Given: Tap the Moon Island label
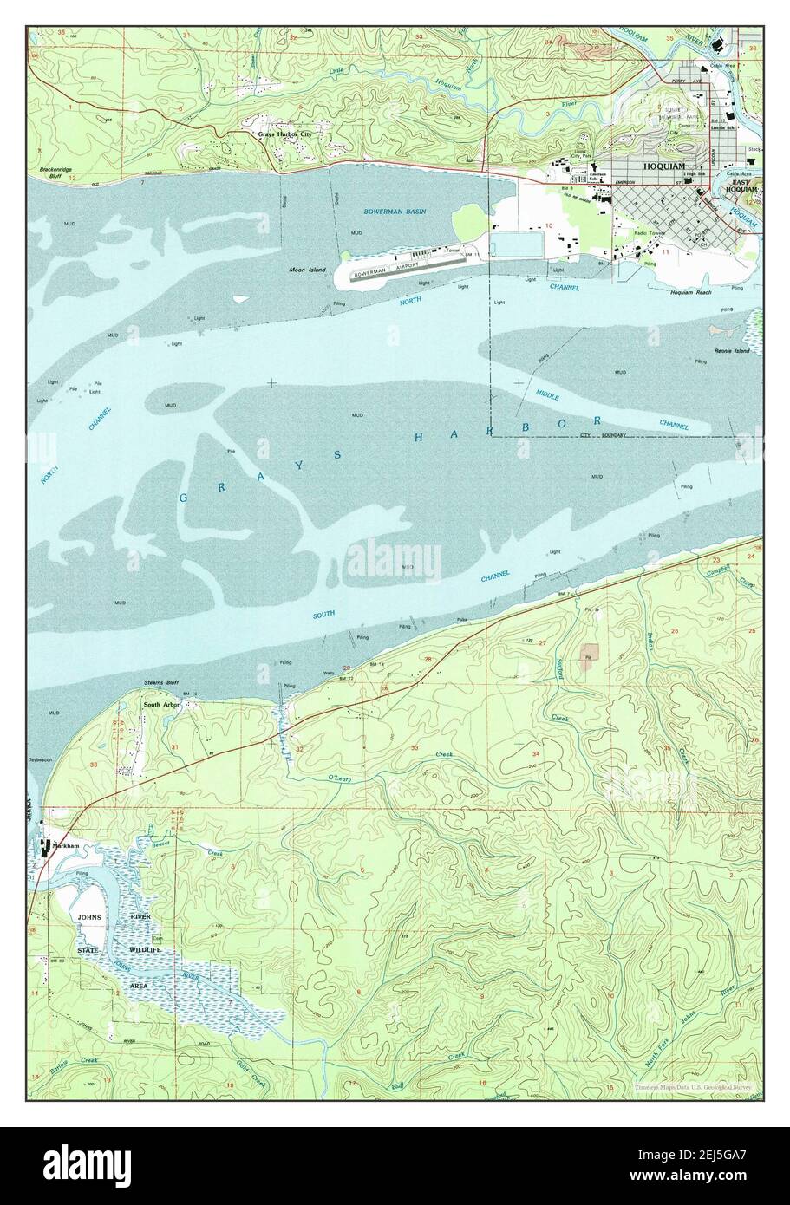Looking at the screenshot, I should (x=308, y=270).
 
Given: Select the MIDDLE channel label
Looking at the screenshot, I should (x=546, y=395).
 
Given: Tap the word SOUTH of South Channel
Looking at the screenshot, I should (x=323, y=616).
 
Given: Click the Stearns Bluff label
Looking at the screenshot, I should (x=160, y=685).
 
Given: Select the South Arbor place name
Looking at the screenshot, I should (x=160, y=705).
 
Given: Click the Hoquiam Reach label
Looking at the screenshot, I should (x=691, y=292).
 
